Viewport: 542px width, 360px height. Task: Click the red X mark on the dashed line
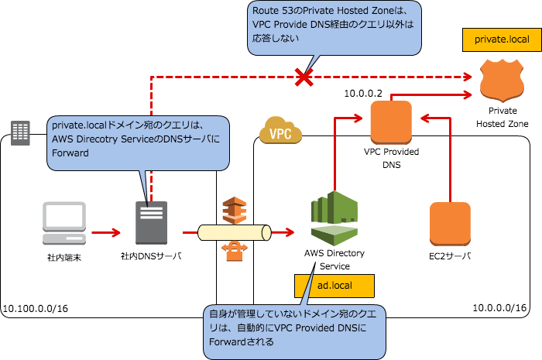pyautogui.click(x=304, y=77)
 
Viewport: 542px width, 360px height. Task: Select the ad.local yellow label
pyautogui.click(x=334, y=286)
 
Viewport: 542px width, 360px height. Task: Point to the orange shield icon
pyautogui.click(x=501, y=81)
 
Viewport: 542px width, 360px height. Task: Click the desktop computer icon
pyautogui.click(x=63, y=223)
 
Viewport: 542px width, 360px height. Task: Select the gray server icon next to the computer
pyautogui.click(x=151, y=223)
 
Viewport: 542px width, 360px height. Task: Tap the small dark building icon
pyautogui.click(x=19, y=132)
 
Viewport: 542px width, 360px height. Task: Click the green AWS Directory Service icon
pyautogui.click(x=334, y=218)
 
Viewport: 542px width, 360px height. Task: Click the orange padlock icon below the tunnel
pyautogui.click(x=234, y=252)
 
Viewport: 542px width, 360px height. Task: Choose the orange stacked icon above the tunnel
pyautogui.click(x=234, y=210)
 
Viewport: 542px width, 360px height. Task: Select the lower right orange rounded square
pyautogui.click(x=450, y=224)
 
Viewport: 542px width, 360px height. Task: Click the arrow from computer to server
pyautogui.click(x=106, y=231)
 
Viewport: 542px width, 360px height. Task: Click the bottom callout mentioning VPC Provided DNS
pyautogui.click(x=294, y=331)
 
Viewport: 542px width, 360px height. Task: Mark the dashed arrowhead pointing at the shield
pyautogui.click(x=468, y=77)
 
